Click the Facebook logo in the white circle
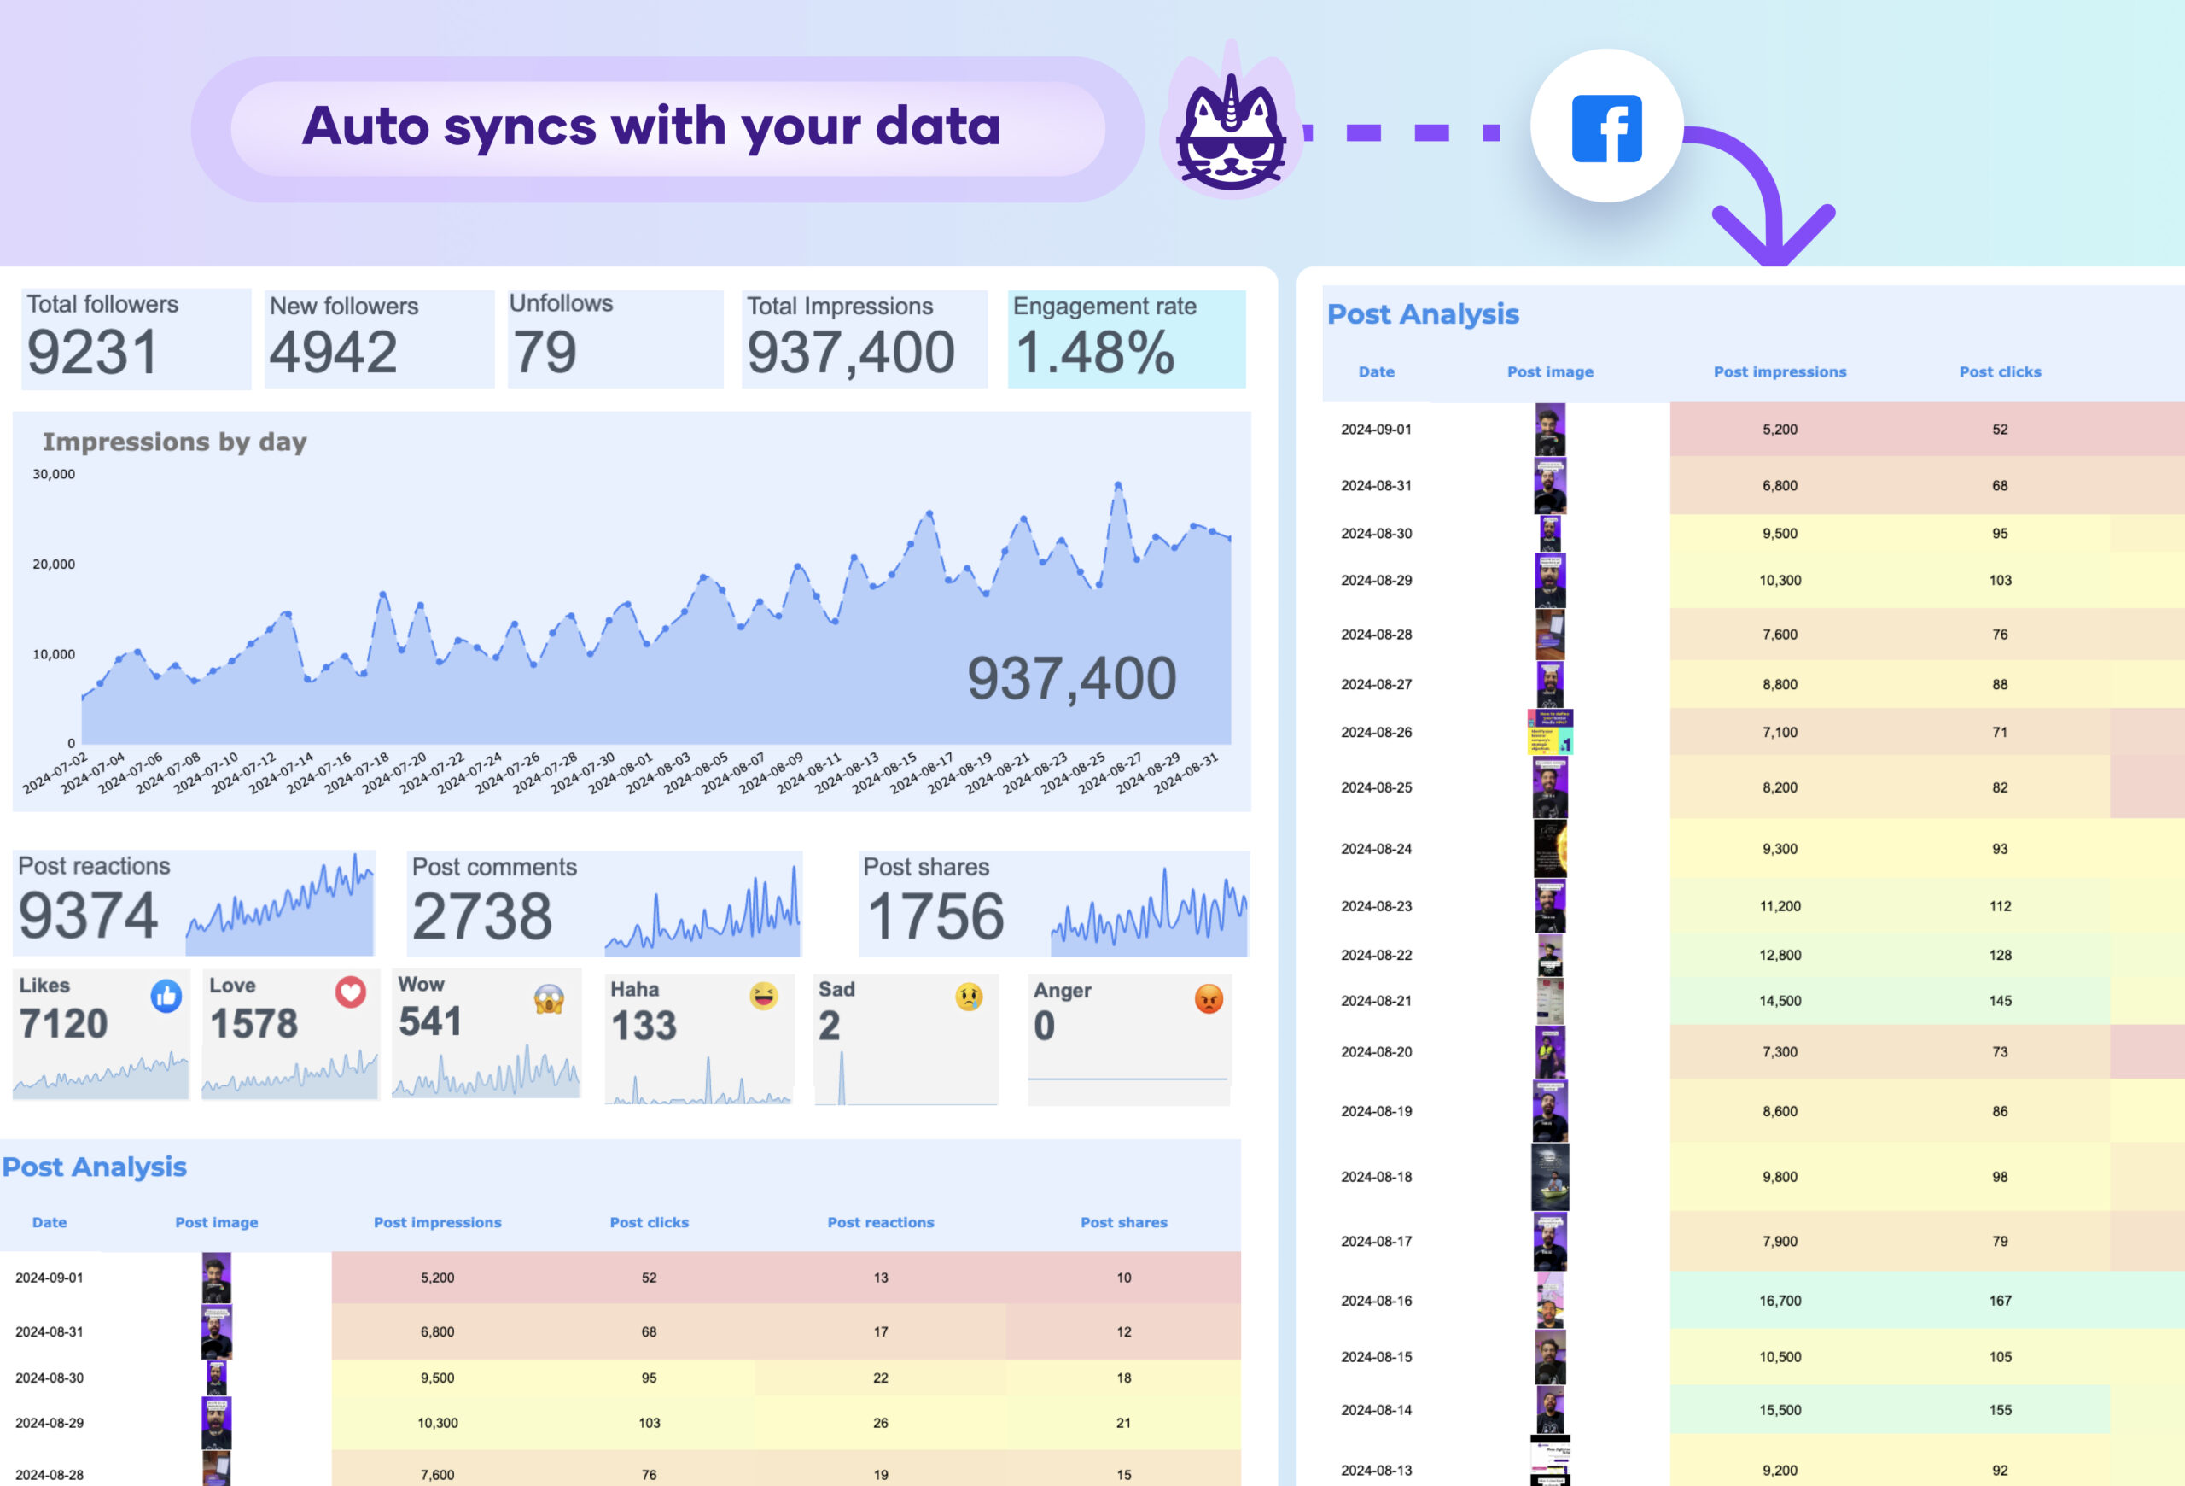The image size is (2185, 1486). (1607, 128)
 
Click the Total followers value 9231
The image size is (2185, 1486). (92, 353)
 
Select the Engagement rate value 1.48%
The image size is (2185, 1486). (1095, 354)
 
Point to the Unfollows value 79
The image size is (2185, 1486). (545, 353)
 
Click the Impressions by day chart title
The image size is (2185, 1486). (175, 442)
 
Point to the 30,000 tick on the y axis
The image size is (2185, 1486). (54, 474)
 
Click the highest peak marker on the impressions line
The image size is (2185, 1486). (1118, 485)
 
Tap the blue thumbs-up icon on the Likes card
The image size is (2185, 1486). (166, 995)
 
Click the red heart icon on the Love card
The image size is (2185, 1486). (351, 992)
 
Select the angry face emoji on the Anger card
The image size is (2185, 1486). (1208, 997)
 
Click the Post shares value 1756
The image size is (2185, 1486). (935, 916)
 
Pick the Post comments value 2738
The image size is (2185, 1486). (482, 916)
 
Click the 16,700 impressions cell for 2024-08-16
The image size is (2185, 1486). (1780, 1301)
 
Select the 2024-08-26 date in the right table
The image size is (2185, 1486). (1376, 732)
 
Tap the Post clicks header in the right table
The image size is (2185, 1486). (2000, 371)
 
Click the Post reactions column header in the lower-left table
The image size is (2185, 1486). (880, 1223)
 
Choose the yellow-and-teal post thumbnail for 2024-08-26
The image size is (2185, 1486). (1549, 732)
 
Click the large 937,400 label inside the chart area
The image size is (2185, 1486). (1072, 679)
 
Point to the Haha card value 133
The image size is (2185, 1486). (644, 1026)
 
